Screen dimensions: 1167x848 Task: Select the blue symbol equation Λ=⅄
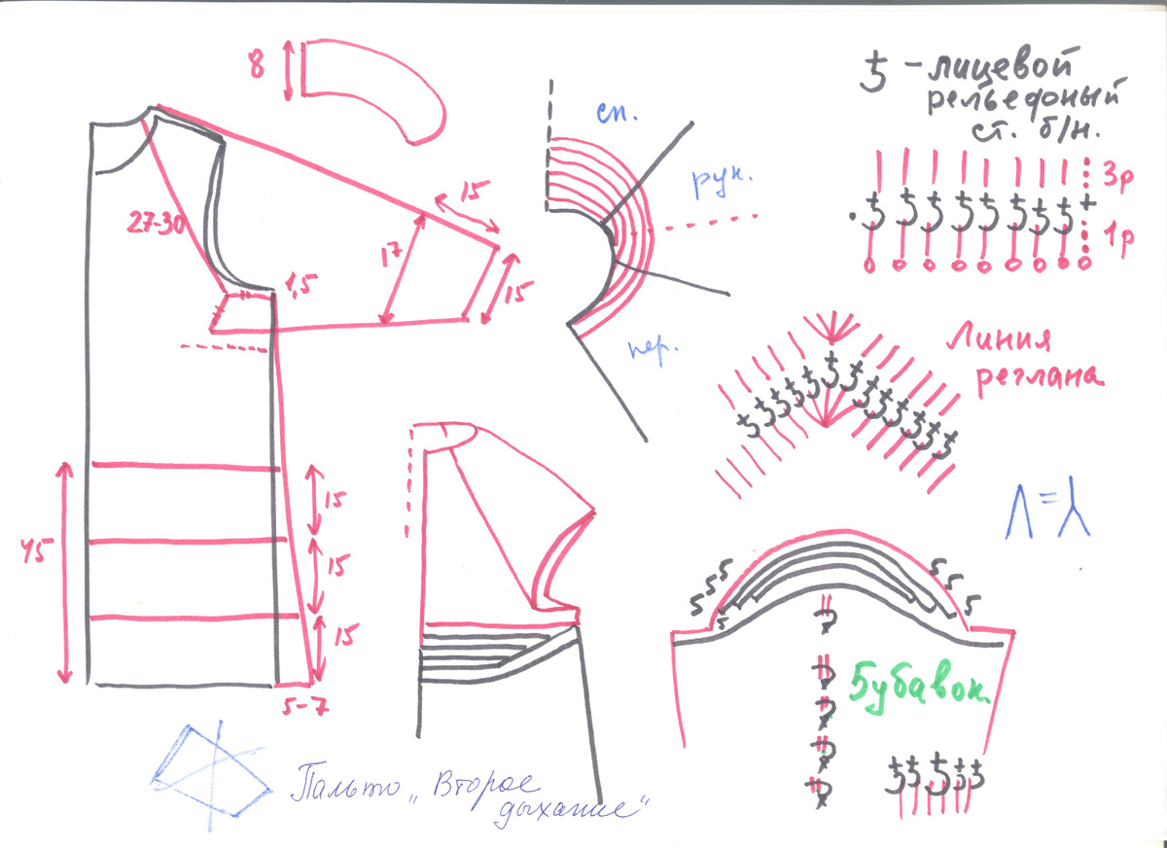click(1046, 508)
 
